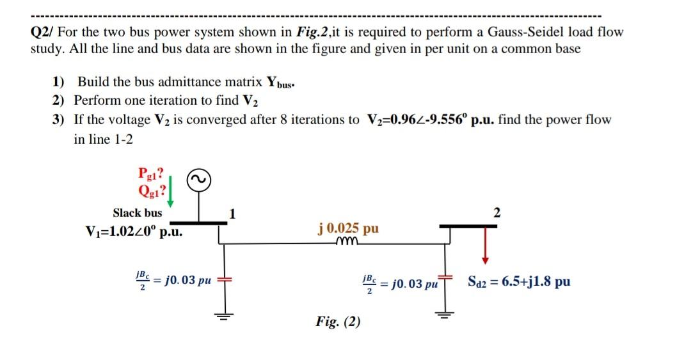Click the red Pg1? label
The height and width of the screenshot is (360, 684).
click(x=151, y=173)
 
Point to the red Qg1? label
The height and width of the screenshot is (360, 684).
click(x=151, y=190)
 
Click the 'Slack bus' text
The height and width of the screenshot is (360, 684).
click(x=138, y=213)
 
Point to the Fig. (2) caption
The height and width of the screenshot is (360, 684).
click(x=338, y=322)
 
